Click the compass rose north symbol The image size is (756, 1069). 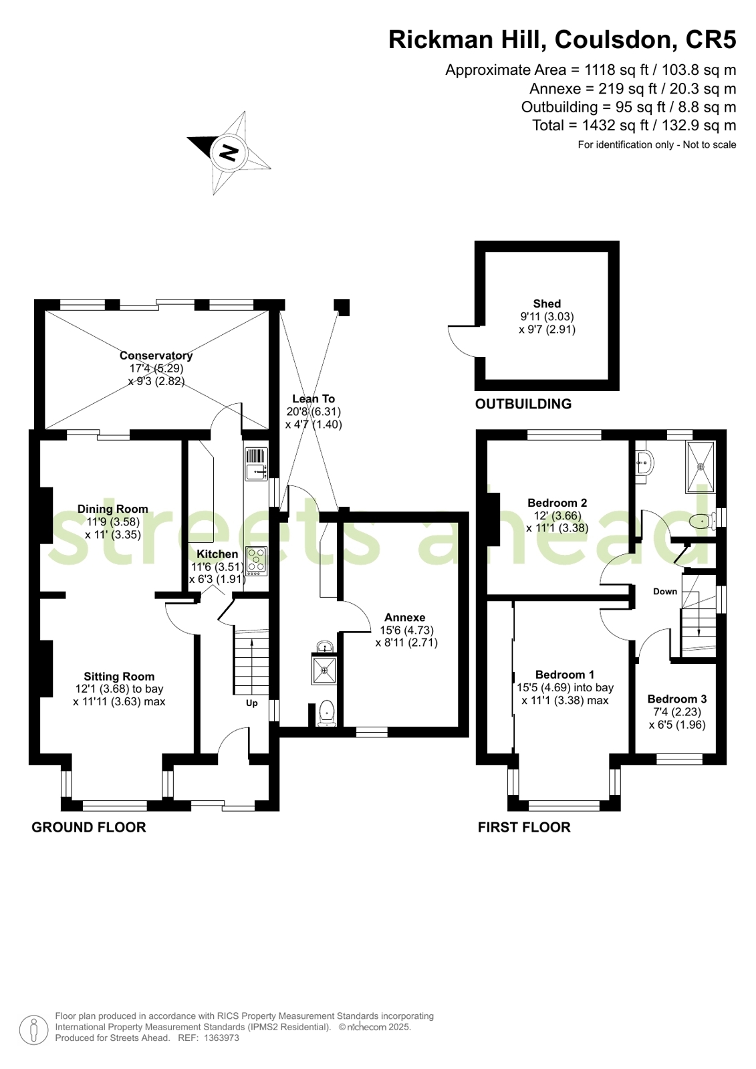point(229,152)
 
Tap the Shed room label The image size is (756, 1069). point(547,304)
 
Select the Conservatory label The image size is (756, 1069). point(156,356)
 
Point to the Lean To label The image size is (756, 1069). point(313,398)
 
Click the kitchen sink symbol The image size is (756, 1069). point(257,465)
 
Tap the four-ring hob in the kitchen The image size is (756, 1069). point(257,561)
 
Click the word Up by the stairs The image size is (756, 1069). point(251,703)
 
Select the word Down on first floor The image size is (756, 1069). point(665,592)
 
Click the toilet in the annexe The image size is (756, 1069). point(327,713)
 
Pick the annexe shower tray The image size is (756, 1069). point(324,670)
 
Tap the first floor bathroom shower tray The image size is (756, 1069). point(701,467)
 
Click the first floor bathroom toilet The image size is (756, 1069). point(704,521)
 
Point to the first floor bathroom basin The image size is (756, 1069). point(644,463)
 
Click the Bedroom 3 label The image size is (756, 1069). point(676,699)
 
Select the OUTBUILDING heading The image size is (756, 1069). point(523,404)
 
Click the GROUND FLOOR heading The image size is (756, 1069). point(89,827)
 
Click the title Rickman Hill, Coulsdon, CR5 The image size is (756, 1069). point(562,39)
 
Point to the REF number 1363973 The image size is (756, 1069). point(221,1038)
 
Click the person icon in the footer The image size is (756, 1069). point(34,1030)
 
